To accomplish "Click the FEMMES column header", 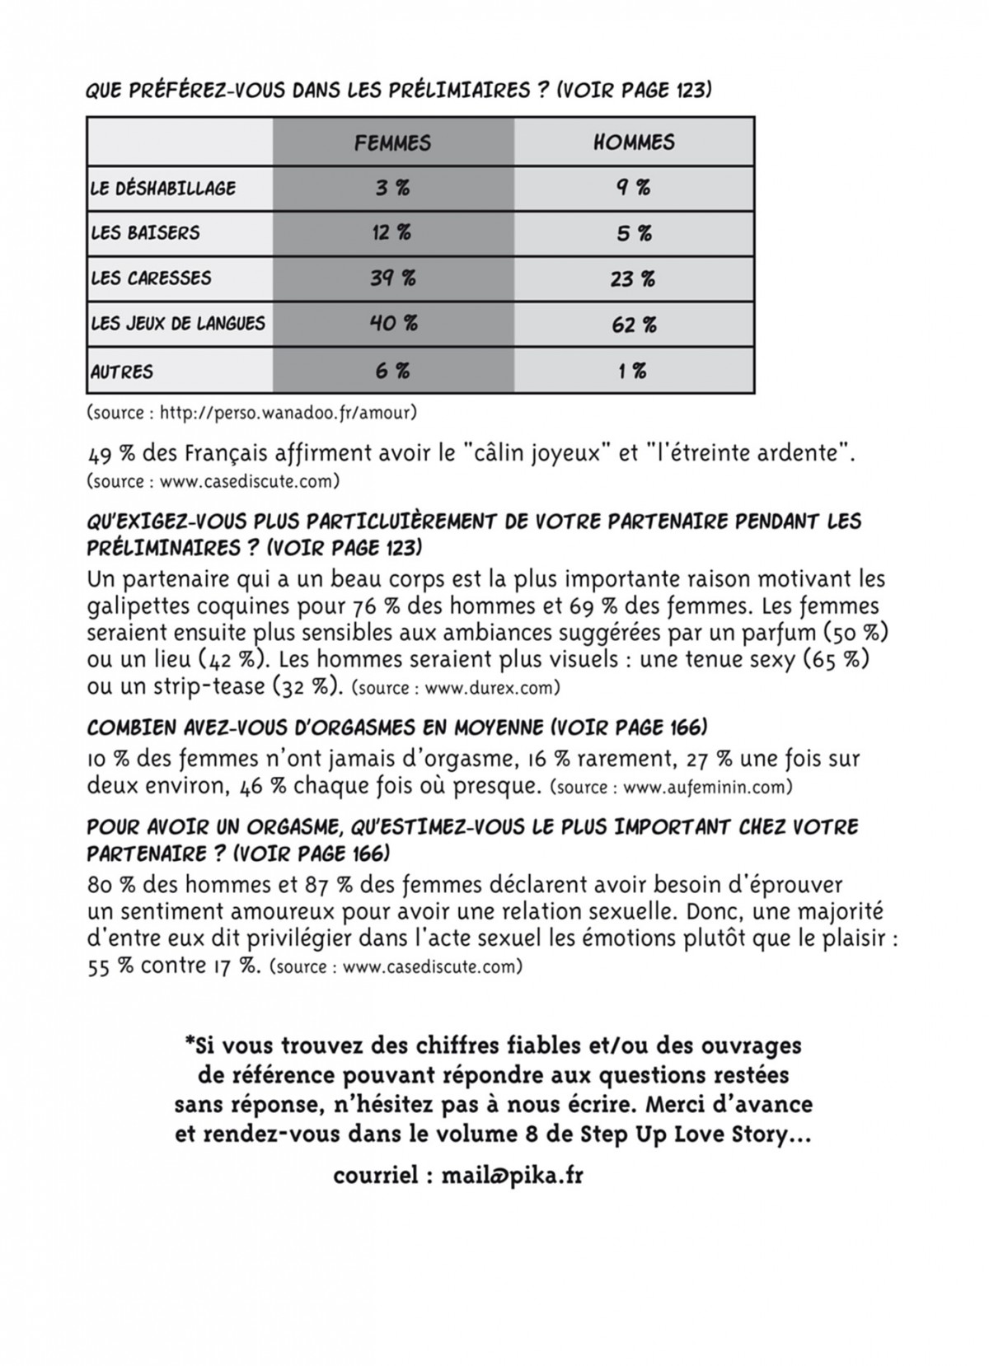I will [392, 143].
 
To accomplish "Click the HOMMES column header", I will [634, 143].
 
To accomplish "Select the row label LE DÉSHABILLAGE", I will [163, 188].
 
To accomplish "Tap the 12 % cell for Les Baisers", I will [391, 233].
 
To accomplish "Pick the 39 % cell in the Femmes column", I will [392, 278].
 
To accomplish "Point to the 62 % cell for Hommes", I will [634, 325].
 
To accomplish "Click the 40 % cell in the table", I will [393, 324].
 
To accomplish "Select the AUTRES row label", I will [122, 372].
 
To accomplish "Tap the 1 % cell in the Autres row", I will [633, 372].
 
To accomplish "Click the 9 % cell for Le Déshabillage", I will [633, 188].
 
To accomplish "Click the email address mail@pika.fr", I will [512, 1176].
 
